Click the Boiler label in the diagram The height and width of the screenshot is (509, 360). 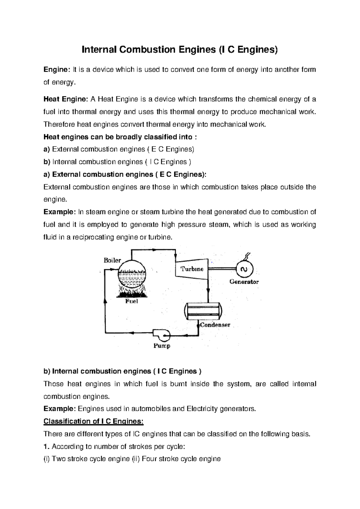point(112,261)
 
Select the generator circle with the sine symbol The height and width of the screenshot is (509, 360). point(244,269)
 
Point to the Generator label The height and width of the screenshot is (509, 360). point(244,282)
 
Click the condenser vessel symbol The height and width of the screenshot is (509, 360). point(203,311)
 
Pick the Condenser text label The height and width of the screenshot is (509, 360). point(215,325)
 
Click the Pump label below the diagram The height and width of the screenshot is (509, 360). point(162,346)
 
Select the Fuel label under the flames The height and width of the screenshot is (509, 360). point(131,301)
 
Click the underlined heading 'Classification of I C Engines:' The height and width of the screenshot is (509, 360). point(94,421)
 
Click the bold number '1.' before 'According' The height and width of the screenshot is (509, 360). point(46,447)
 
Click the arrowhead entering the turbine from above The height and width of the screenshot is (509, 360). point(175,254)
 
